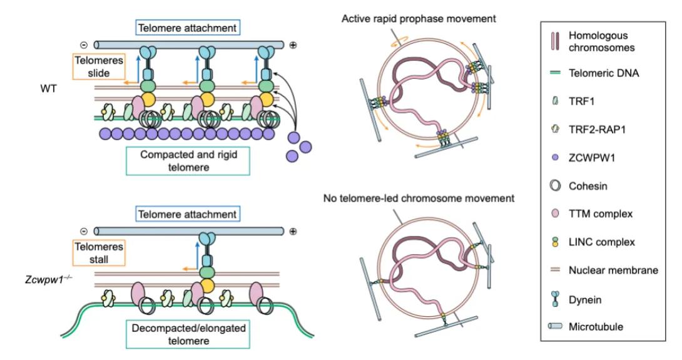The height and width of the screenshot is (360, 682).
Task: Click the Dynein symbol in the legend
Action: click(555, 299)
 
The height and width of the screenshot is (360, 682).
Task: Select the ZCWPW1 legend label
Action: click(592, 158)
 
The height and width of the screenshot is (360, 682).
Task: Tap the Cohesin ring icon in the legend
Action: click(555, 186)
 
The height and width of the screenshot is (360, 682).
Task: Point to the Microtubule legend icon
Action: click(555, 326)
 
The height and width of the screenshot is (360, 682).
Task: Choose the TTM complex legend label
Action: click(601, 213)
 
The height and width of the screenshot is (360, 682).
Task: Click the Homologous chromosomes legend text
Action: click(601, 41)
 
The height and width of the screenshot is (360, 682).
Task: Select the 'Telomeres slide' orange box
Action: click(99, 66)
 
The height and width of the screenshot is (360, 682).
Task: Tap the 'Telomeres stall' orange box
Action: click(99, 253)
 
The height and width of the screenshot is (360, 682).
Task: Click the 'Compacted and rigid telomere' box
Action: click(188, 161)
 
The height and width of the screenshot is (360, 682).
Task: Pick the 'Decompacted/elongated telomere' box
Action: click(188, 334)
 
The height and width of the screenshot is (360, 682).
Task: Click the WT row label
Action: click(48, 88)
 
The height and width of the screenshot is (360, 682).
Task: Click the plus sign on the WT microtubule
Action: click(293, 45)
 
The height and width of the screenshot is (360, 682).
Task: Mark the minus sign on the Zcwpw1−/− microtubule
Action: click(84, 232)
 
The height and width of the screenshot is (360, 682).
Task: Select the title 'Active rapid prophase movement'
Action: click(419, 19)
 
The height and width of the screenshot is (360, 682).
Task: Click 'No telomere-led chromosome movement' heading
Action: click(419, 198)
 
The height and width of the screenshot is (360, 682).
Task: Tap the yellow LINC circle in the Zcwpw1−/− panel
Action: click(207, 285)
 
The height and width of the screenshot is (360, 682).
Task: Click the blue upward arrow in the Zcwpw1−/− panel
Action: click(197, 255)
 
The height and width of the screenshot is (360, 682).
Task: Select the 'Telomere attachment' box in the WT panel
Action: click(187, 28)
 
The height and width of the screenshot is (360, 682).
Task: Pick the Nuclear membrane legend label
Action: click(613, 270)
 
